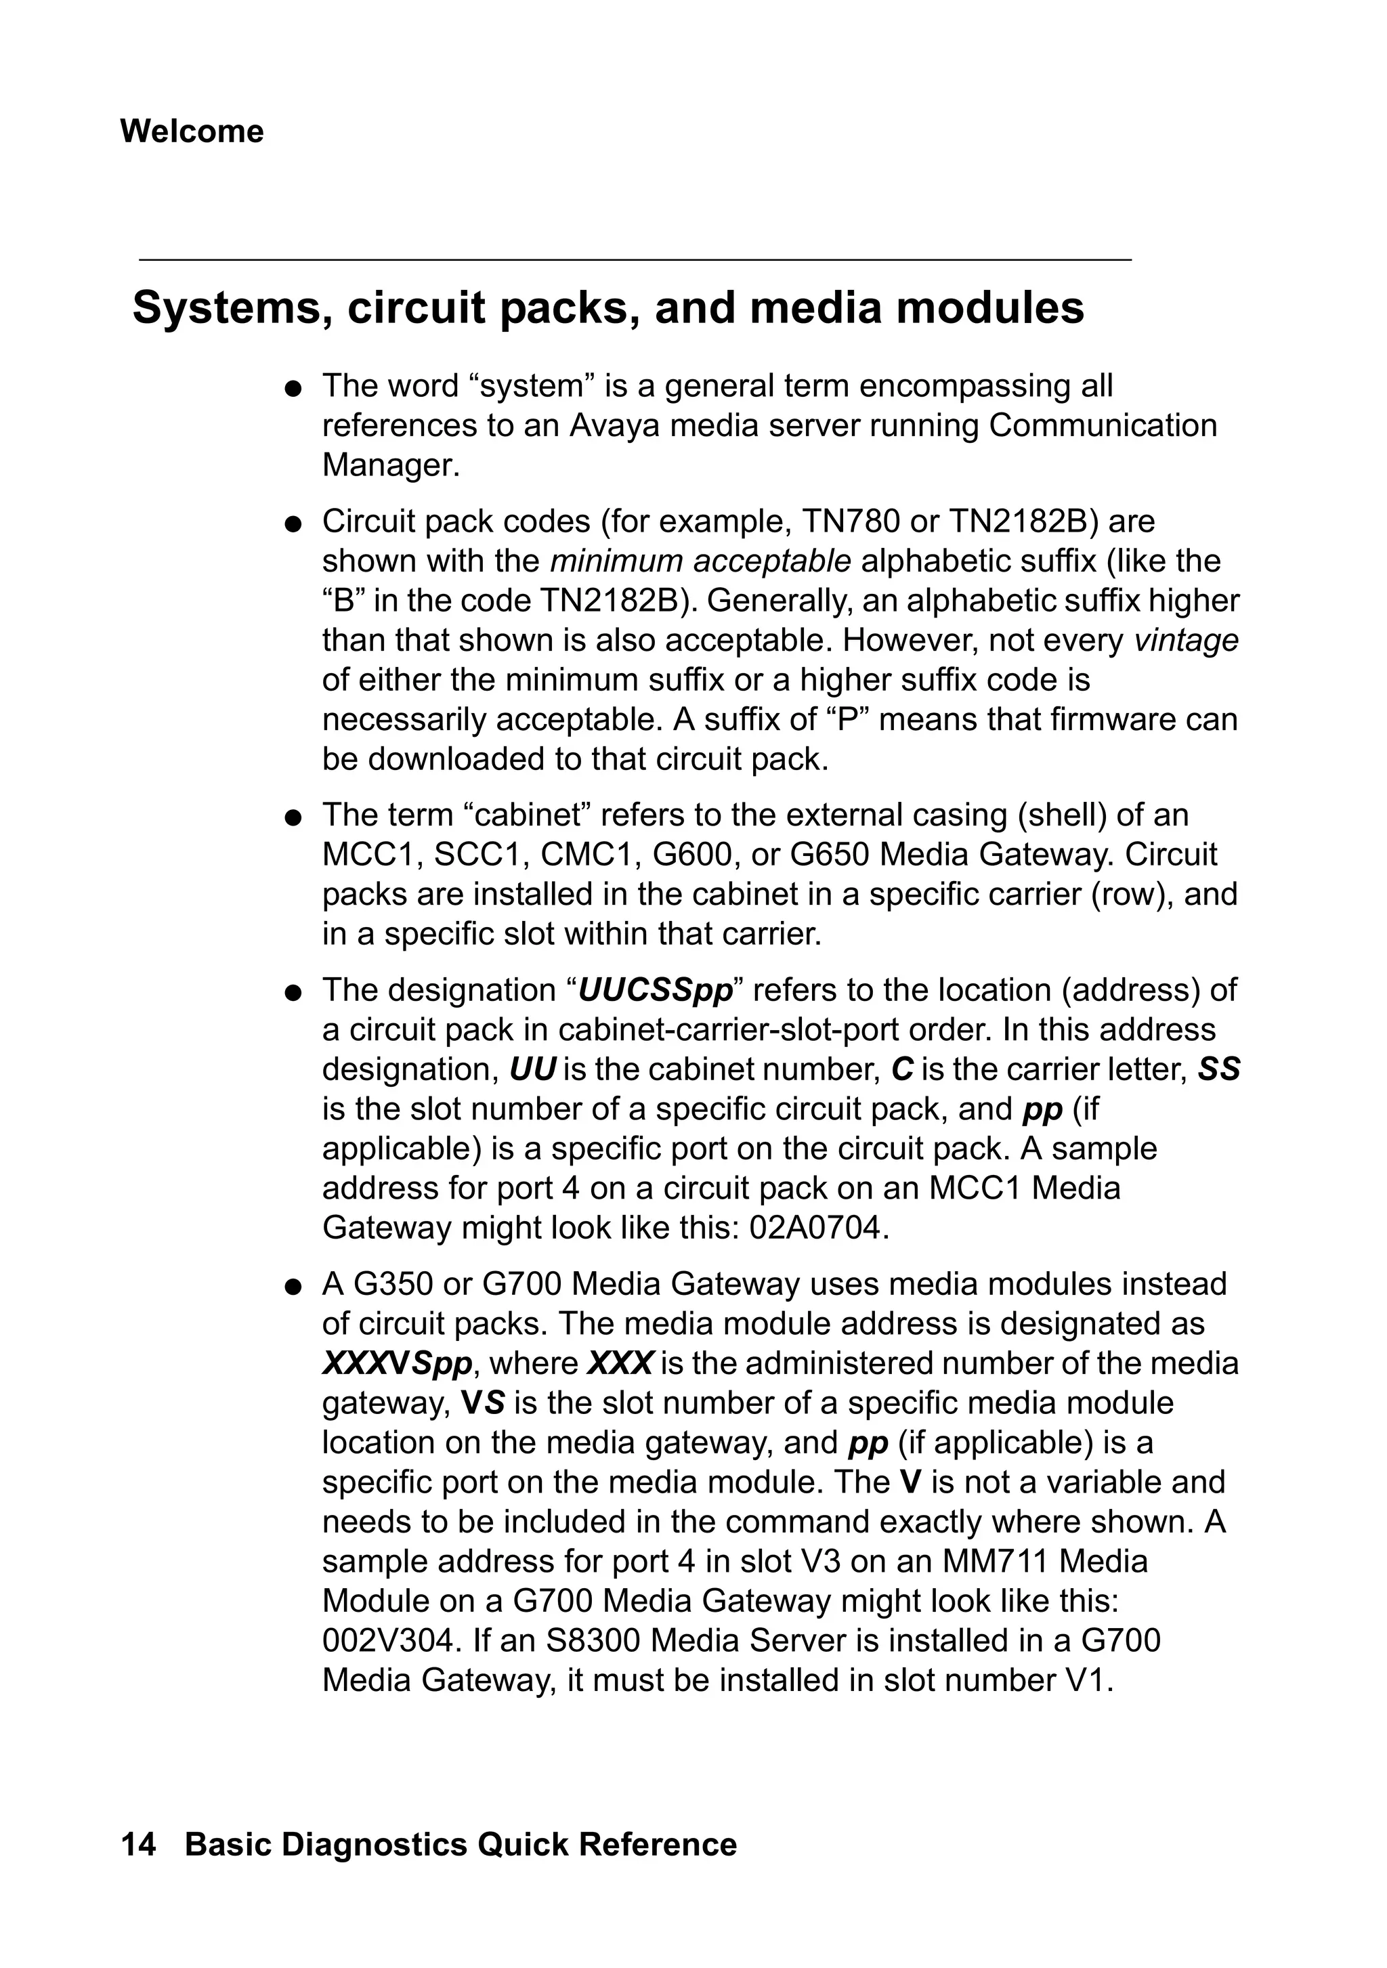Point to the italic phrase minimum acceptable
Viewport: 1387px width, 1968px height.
(x=700, y=561)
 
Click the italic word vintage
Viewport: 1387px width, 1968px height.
(x=1186, y=640)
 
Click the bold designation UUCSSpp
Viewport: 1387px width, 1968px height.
(x=656, y=990)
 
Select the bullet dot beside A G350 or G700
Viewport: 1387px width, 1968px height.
(x=293, y=1287)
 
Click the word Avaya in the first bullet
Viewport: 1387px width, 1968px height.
(x=615, y=426)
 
